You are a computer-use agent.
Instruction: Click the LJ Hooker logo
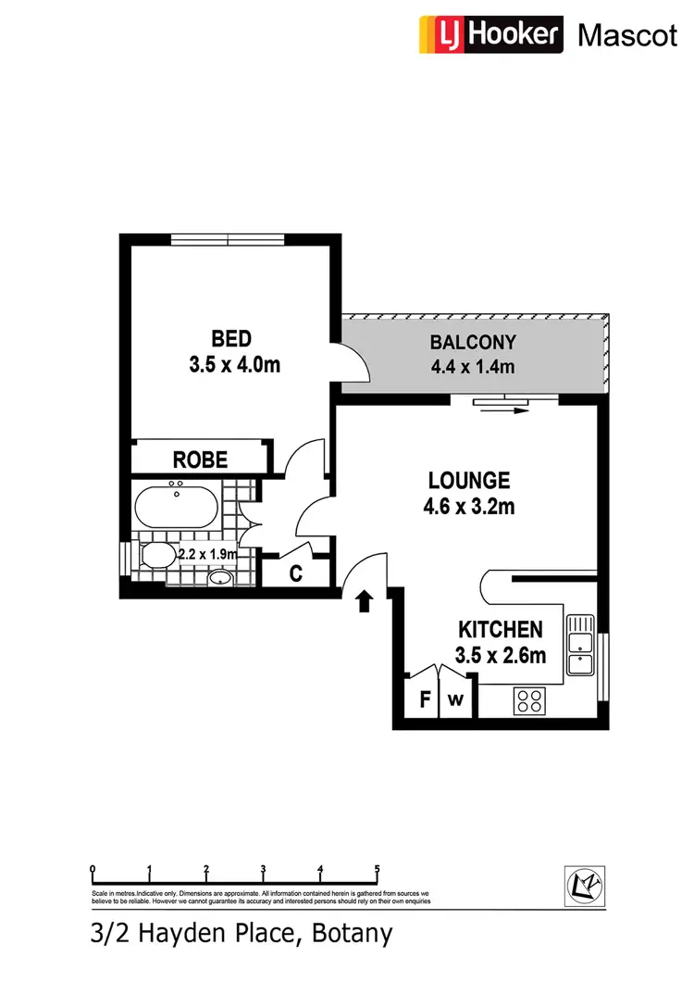coord(490,34)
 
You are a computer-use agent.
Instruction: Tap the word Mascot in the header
coord(626,35)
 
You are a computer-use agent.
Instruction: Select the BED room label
coord(231,338)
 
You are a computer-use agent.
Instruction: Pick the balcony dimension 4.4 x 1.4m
coord(472,367)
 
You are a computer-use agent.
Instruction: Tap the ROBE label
coord(201,460)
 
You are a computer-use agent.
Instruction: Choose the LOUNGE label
coord(468,481)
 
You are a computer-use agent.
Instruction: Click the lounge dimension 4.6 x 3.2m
coord(470,507)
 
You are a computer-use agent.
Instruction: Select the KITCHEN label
coord(501,630)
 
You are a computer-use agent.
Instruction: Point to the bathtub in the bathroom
coord(177,507)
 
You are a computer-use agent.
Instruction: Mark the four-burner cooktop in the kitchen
coord(532,700)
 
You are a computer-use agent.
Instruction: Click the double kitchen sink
coord(580,644)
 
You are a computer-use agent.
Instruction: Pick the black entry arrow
coord(364,601)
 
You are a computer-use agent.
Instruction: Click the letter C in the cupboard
coord(296,573)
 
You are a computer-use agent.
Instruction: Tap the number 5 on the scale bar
coord(378,869)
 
